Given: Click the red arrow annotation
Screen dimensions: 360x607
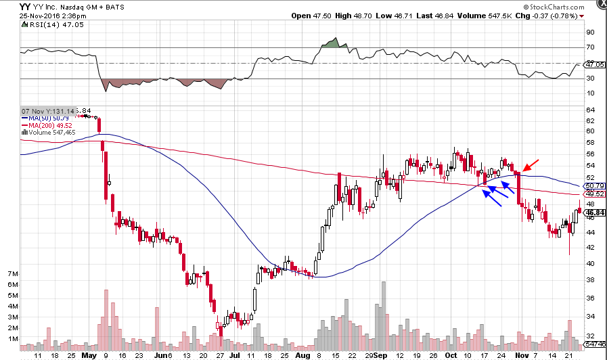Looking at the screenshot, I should (x=531, y=165).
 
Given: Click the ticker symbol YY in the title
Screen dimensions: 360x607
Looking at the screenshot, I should (x=25, y=5).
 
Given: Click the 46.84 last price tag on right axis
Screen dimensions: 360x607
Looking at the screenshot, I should (x=593, y=212).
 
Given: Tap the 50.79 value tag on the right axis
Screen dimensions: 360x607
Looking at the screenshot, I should (x=593, y=186).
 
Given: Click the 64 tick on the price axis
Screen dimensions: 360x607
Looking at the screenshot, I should (x=591, y=110).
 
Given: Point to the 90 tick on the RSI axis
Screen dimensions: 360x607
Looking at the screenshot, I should (x=591, y=32).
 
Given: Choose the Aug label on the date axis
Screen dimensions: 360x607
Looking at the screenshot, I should (x=302, y=354).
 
